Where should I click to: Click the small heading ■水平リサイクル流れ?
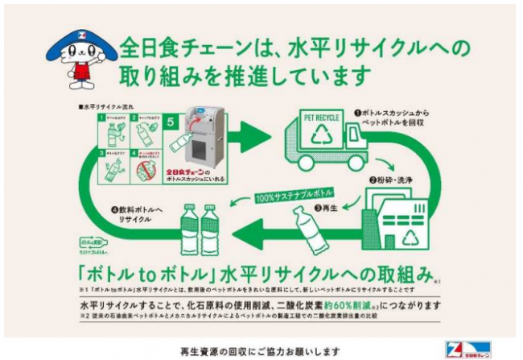click(102, 106)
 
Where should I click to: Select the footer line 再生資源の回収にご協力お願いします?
click(261, 352)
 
